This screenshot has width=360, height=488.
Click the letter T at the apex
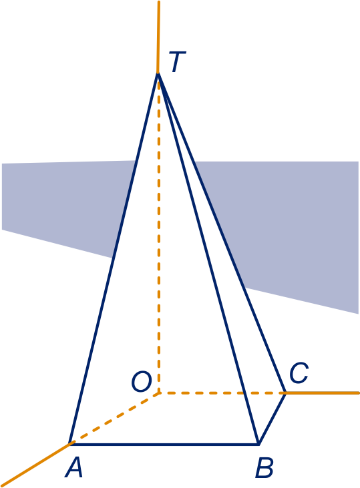pyautogui.click(x=177, y=61)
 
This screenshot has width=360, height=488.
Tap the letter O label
pyautogui.click(x=142, y=381)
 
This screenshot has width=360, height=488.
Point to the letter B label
pyautogui.click(x=264, y=467)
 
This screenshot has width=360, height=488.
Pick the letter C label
pyautogui.click(x=299, y=373)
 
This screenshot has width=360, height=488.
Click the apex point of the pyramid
pyautogui.click(x=158, y=73)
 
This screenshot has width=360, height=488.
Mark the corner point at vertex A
pyautogui.click(x=70, y=444)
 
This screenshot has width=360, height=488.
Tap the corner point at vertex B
pyautogui.click(x=258, y=444)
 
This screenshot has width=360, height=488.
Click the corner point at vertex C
pyautogui.click(x=285, y=393)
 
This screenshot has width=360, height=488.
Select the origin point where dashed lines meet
pyautogui.click(x=159, y=393)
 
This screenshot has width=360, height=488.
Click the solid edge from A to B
pyautogui.click(x=164, y=444)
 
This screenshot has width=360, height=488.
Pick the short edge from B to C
pyautogui.click(x=272, y=419)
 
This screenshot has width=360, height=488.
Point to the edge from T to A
pyautogui.click(x=114, y=258)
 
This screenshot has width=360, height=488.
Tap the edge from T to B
pyautogui.click(x=208, y=258)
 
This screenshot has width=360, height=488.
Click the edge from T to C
pyautogui.click(x=222, y=233)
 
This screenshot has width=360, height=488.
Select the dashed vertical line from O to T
pyautogui.click(x=159, y=233)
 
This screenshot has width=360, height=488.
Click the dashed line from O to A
pyautogui.click(x=115, y=419)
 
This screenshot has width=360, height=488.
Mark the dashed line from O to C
pyautogui.click(x=222, y=393)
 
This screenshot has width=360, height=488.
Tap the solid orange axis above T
pyautogui.click(x=158, y=37)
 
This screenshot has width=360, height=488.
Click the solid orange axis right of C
pyautogui.click(x=322, y=393)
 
